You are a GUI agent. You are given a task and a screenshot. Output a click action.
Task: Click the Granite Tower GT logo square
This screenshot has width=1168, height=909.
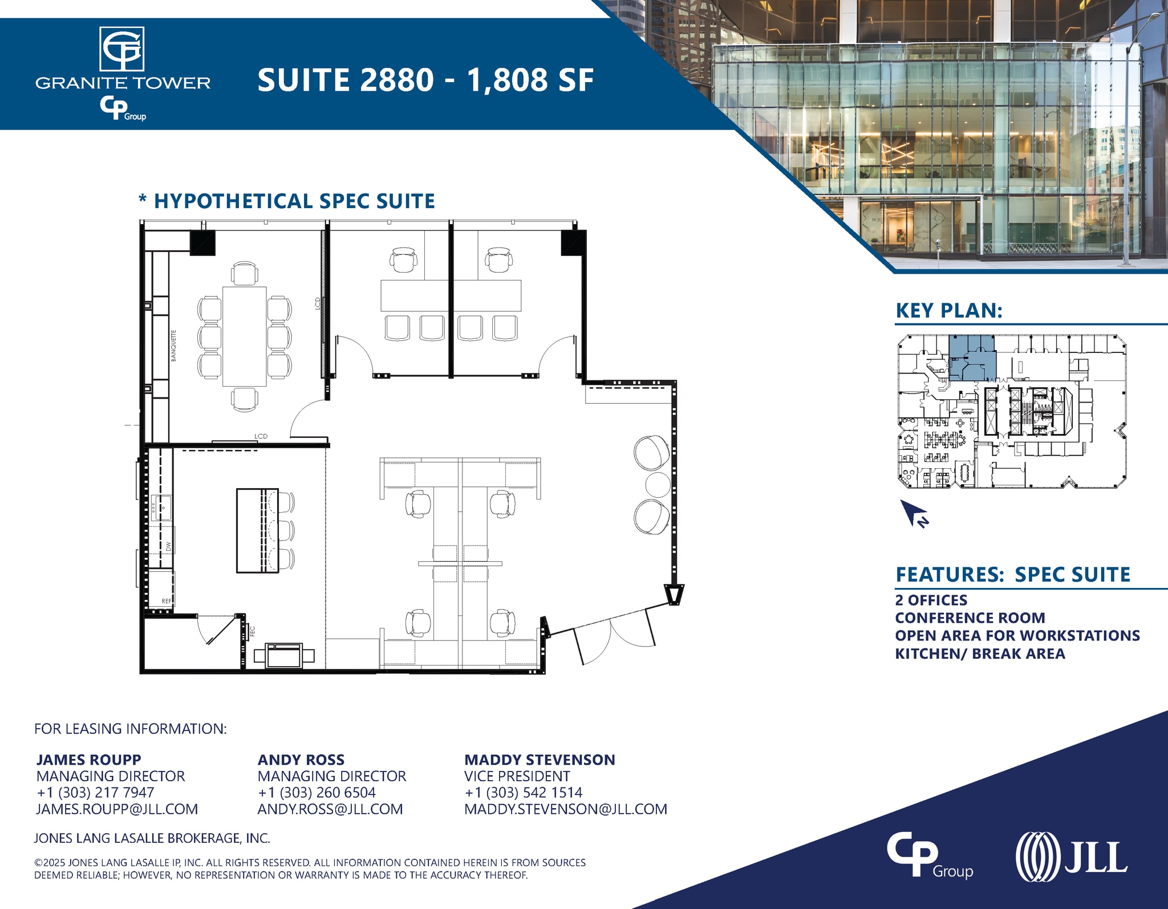122,49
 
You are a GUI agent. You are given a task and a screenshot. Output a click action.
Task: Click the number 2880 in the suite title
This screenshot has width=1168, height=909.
397,80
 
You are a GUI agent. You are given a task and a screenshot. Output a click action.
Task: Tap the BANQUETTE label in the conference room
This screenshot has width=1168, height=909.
173,345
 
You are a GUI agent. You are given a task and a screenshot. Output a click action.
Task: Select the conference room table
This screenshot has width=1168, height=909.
244,336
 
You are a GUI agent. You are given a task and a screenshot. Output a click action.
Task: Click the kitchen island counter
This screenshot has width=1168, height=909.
257,530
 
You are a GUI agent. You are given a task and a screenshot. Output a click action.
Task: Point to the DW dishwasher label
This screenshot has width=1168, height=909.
168,546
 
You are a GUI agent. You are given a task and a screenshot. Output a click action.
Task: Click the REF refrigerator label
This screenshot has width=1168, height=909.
166,601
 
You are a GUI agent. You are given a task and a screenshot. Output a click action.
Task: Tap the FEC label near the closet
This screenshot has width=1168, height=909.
252,631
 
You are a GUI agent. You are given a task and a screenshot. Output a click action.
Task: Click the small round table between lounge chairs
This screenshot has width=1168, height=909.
657,485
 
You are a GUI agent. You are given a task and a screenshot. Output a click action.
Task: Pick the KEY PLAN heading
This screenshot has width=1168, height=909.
949,311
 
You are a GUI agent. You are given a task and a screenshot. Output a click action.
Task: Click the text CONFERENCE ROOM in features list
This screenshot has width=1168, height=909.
970,618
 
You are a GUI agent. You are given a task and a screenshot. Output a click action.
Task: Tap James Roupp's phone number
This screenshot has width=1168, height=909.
95,793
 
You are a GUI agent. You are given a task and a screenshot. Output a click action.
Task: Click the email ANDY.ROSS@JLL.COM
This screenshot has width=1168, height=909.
330,809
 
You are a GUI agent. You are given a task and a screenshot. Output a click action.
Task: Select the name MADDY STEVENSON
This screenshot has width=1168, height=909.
540,760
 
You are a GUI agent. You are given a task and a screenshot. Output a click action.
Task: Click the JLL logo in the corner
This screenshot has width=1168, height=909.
1071,857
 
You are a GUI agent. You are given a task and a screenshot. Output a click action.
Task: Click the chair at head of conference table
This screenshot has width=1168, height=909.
244,273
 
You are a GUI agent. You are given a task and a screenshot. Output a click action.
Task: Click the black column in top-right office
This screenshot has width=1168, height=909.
574,243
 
